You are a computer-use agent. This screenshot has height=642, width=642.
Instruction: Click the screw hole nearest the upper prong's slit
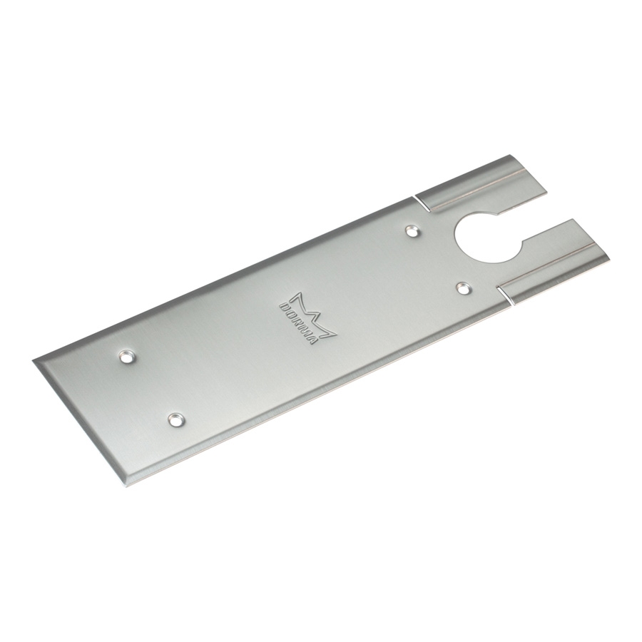(412, 231)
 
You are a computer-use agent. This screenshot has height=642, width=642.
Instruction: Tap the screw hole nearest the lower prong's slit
(463, 289)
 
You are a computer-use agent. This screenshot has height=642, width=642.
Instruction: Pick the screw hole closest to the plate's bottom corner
(176, 419)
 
